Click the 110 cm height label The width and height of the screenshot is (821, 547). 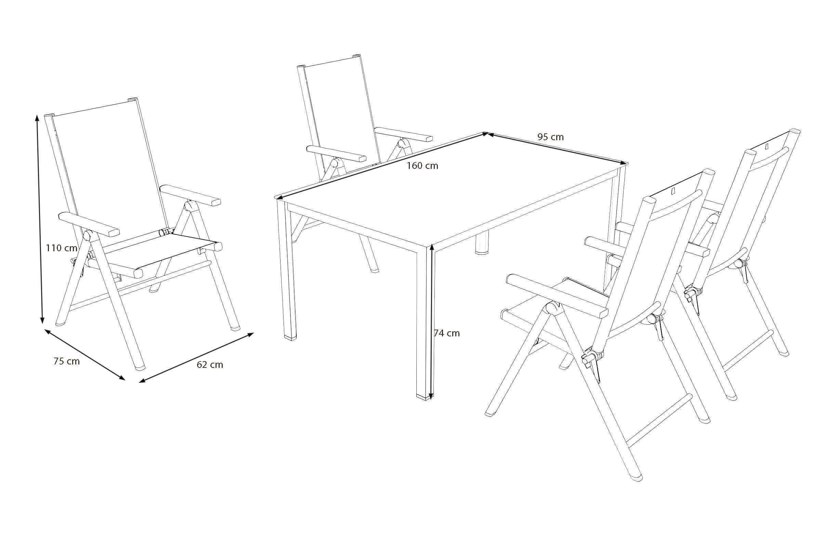62,248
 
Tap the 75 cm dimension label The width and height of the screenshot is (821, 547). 67,361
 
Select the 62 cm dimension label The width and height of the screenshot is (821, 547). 210,364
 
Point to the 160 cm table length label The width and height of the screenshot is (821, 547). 422,166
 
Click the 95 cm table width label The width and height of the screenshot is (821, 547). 550,137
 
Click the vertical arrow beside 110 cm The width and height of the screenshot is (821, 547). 39,219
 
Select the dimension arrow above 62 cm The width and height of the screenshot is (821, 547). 196,358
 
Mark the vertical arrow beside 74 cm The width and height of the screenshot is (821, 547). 431,322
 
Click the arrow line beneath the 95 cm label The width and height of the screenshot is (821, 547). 556,148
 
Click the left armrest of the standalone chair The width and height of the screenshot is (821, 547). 89,225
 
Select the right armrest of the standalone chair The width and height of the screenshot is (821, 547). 191,195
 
